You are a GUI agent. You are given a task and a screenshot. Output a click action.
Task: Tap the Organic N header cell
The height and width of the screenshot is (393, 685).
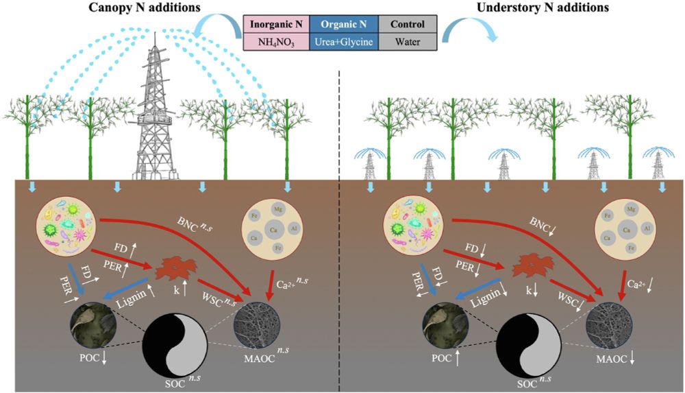coord(345,25)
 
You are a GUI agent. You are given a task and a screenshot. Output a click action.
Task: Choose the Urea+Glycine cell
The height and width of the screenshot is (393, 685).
coord(345,42)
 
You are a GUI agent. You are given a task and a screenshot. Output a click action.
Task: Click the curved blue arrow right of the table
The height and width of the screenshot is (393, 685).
coord(469,30)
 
